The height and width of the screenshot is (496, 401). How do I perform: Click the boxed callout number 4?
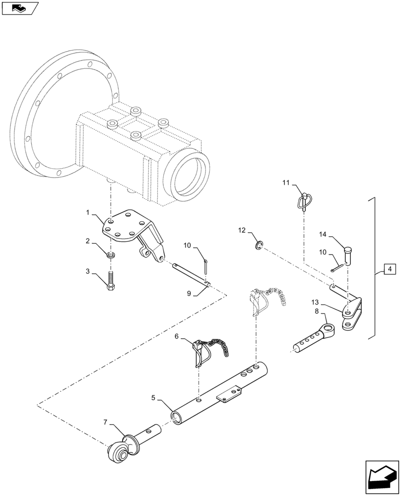click(x=390, y=269)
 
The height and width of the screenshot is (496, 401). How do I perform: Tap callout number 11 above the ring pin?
click(x=286, y=183)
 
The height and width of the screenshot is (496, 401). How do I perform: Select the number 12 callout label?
click(x=242, y=230)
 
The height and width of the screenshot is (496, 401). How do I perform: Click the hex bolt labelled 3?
click(x=112, y=283)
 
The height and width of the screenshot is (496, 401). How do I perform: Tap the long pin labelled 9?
click(x=191, y=274)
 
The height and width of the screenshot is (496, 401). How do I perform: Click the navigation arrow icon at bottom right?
click(x=382, y=477)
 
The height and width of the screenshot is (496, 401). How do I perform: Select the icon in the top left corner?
click(x=19, y=7)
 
